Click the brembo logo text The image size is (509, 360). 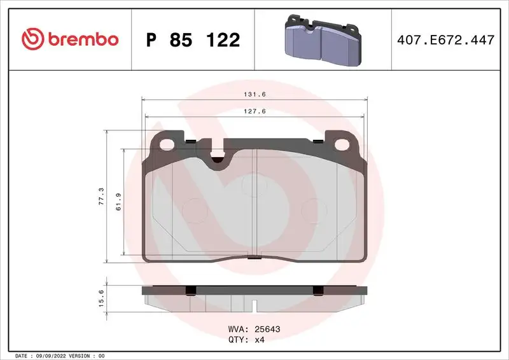80,39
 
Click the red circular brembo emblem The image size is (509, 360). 31,39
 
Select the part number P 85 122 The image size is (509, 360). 193,40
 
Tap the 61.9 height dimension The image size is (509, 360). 118,203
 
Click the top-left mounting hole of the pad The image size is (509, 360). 168,143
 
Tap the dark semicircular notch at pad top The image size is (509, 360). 218,160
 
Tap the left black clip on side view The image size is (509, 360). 189,291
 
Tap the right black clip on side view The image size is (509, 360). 319,291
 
